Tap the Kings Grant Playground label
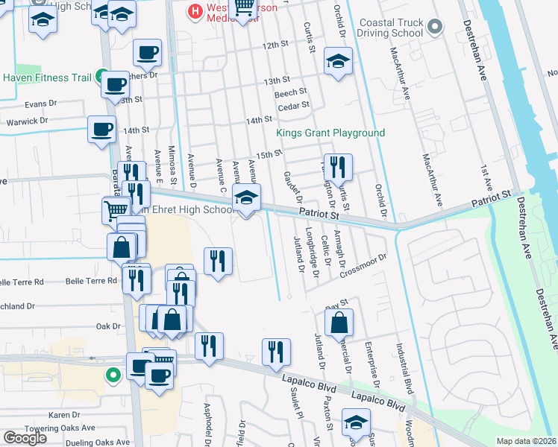(330, 133)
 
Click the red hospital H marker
(195, 11)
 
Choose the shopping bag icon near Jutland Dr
(339, 323)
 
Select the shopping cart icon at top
(244, 7)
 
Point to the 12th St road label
(275, 45)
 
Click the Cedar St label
(293, 106)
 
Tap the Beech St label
(291, 92)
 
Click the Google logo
(25, 437)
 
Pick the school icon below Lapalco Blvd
(356, 422)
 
